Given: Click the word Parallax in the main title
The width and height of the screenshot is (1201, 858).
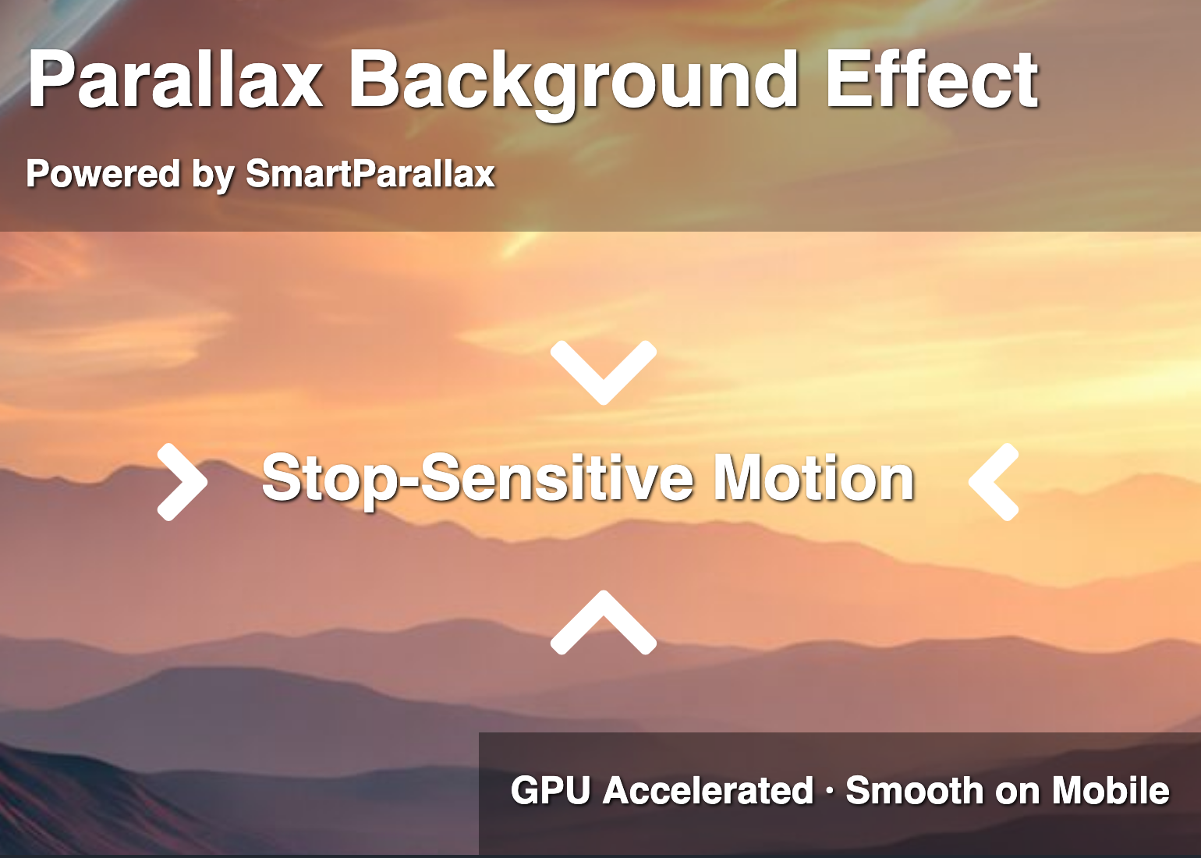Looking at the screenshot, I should coord(175,80).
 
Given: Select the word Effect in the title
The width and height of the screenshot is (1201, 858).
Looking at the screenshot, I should coord(932,80).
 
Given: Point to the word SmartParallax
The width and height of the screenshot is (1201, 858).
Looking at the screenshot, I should coord(370,173).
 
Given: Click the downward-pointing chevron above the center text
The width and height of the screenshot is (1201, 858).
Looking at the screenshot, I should coord(603,371).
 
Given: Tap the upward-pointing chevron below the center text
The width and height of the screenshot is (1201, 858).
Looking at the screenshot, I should coord(603,623).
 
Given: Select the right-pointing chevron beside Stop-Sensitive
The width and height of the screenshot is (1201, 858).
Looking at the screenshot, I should coord(183,482).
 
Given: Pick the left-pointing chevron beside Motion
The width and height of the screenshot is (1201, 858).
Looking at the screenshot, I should coord(994,482).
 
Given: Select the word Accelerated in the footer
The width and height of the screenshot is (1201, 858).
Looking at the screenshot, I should coord(708,791).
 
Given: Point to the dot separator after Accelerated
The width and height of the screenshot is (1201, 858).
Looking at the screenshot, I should coord(829,792).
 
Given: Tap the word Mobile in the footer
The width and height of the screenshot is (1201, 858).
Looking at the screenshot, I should coord(1111,791).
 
